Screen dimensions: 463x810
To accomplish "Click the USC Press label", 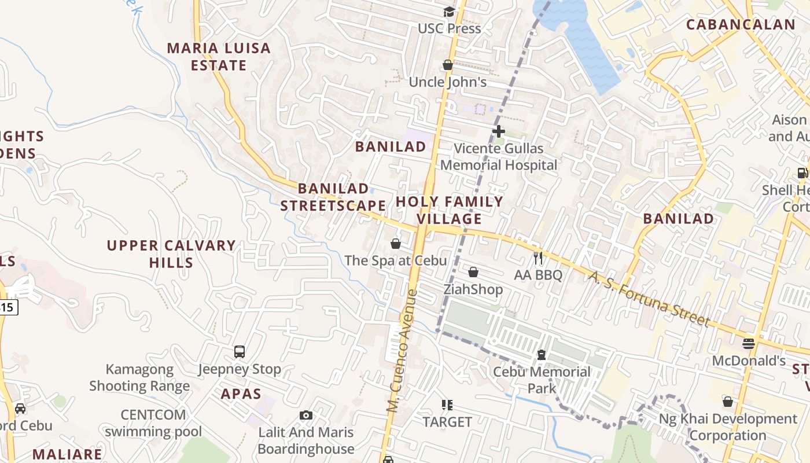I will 449,28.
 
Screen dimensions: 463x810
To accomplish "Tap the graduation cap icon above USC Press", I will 449,12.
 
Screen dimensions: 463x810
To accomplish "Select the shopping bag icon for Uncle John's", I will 447,65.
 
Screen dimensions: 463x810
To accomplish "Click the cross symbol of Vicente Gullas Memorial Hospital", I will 498,131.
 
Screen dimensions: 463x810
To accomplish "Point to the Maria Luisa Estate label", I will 219,57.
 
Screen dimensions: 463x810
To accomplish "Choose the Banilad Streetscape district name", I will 333,197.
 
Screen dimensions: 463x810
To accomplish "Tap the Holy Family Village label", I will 450,210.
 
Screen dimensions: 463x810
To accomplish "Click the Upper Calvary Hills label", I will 171,254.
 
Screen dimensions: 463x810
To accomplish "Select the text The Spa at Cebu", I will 396,260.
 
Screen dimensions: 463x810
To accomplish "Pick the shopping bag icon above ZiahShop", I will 473,272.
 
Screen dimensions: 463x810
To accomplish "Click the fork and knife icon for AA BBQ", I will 538,258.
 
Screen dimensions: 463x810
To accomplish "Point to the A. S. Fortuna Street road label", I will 649,299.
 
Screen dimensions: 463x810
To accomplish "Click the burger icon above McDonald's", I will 748,344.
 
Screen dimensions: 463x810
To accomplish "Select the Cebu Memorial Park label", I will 542,380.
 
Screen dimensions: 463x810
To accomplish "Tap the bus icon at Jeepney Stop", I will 240,352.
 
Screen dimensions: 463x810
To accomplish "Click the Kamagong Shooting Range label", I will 139,377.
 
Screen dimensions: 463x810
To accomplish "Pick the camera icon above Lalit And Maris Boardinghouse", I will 306,415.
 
